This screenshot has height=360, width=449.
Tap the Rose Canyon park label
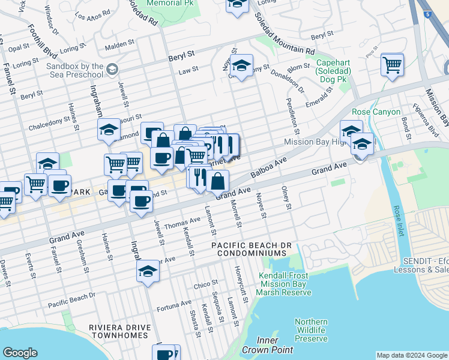tap(376, 112)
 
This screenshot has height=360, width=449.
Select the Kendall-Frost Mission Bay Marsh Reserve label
tap(285, 284)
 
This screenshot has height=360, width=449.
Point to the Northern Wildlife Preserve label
tap(311, 330)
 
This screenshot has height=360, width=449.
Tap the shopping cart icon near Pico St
tap(392, 64)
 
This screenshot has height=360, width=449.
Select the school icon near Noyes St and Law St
tap(241, 66)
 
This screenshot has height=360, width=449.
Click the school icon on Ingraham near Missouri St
tap(109, 129)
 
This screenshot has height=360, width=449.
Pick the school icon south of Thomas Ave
tap(148, 271)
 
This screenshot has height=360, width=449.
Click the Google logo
tap(20, 353)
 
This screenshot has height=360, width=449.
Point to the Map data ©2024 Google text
tap(411, 355)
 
